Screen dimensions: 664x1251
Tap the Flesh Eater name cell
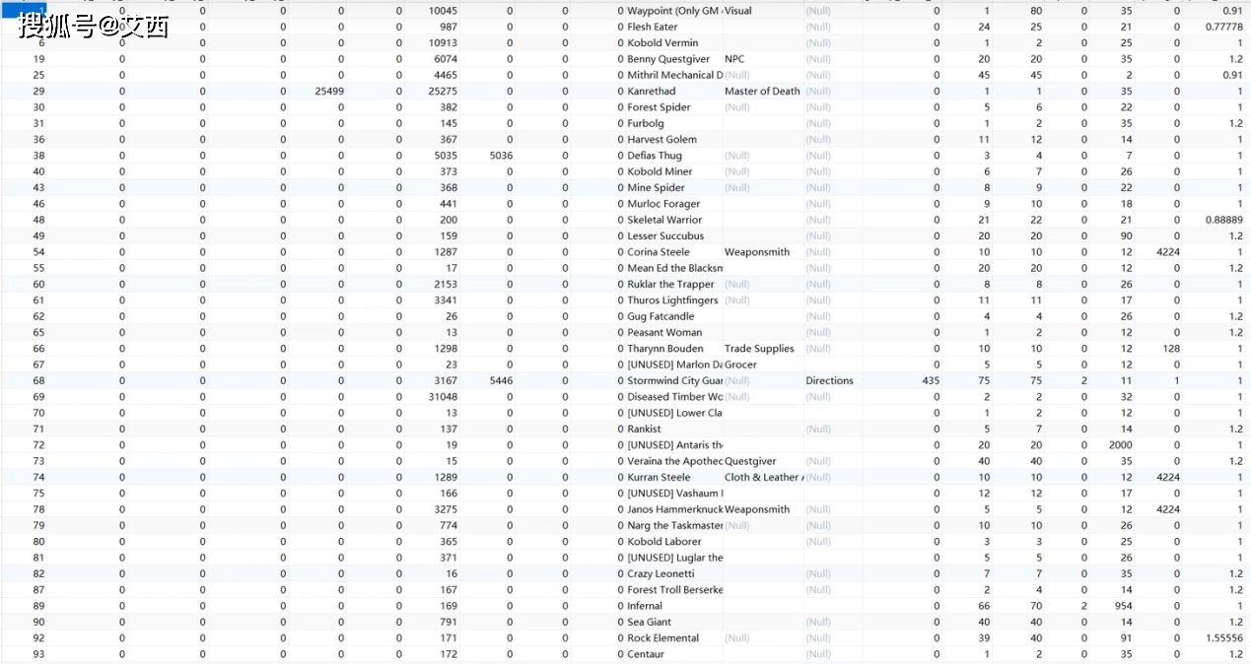[653, 27]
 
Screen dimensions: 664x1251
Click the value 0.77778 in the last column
[1223, 27]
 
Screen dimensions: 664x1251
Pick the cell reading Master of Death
[762, 92]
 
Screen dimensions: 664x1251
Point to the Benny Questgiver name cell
[668, 59]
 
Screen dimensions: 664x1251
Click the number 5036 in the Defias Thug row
[501, 156]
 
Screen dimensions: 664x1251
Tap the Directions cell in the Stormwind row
[829, 381]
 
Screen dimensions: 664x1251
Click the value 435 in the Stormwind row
[930, 381]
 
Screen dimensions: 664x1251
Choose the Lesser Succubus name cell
[665, 236]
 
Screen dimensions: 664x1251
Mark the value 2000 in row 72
[1120, 445]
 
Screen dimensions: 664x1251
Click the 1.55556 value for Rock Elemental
[1223, 638]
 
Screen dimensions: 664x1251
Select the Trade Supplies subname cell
[759, 349]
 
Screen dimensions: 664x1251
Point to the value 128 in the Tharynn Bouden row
[1171, 349]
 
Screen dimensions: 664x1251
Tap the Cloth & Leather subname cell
[763, 478]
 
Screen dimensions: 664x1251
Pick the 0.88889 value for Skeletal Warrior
[1223, 220]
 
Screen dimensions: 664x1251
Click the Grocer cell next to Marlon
[742, 365]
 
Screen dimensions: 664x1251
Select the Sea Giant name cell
[650, 623]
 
